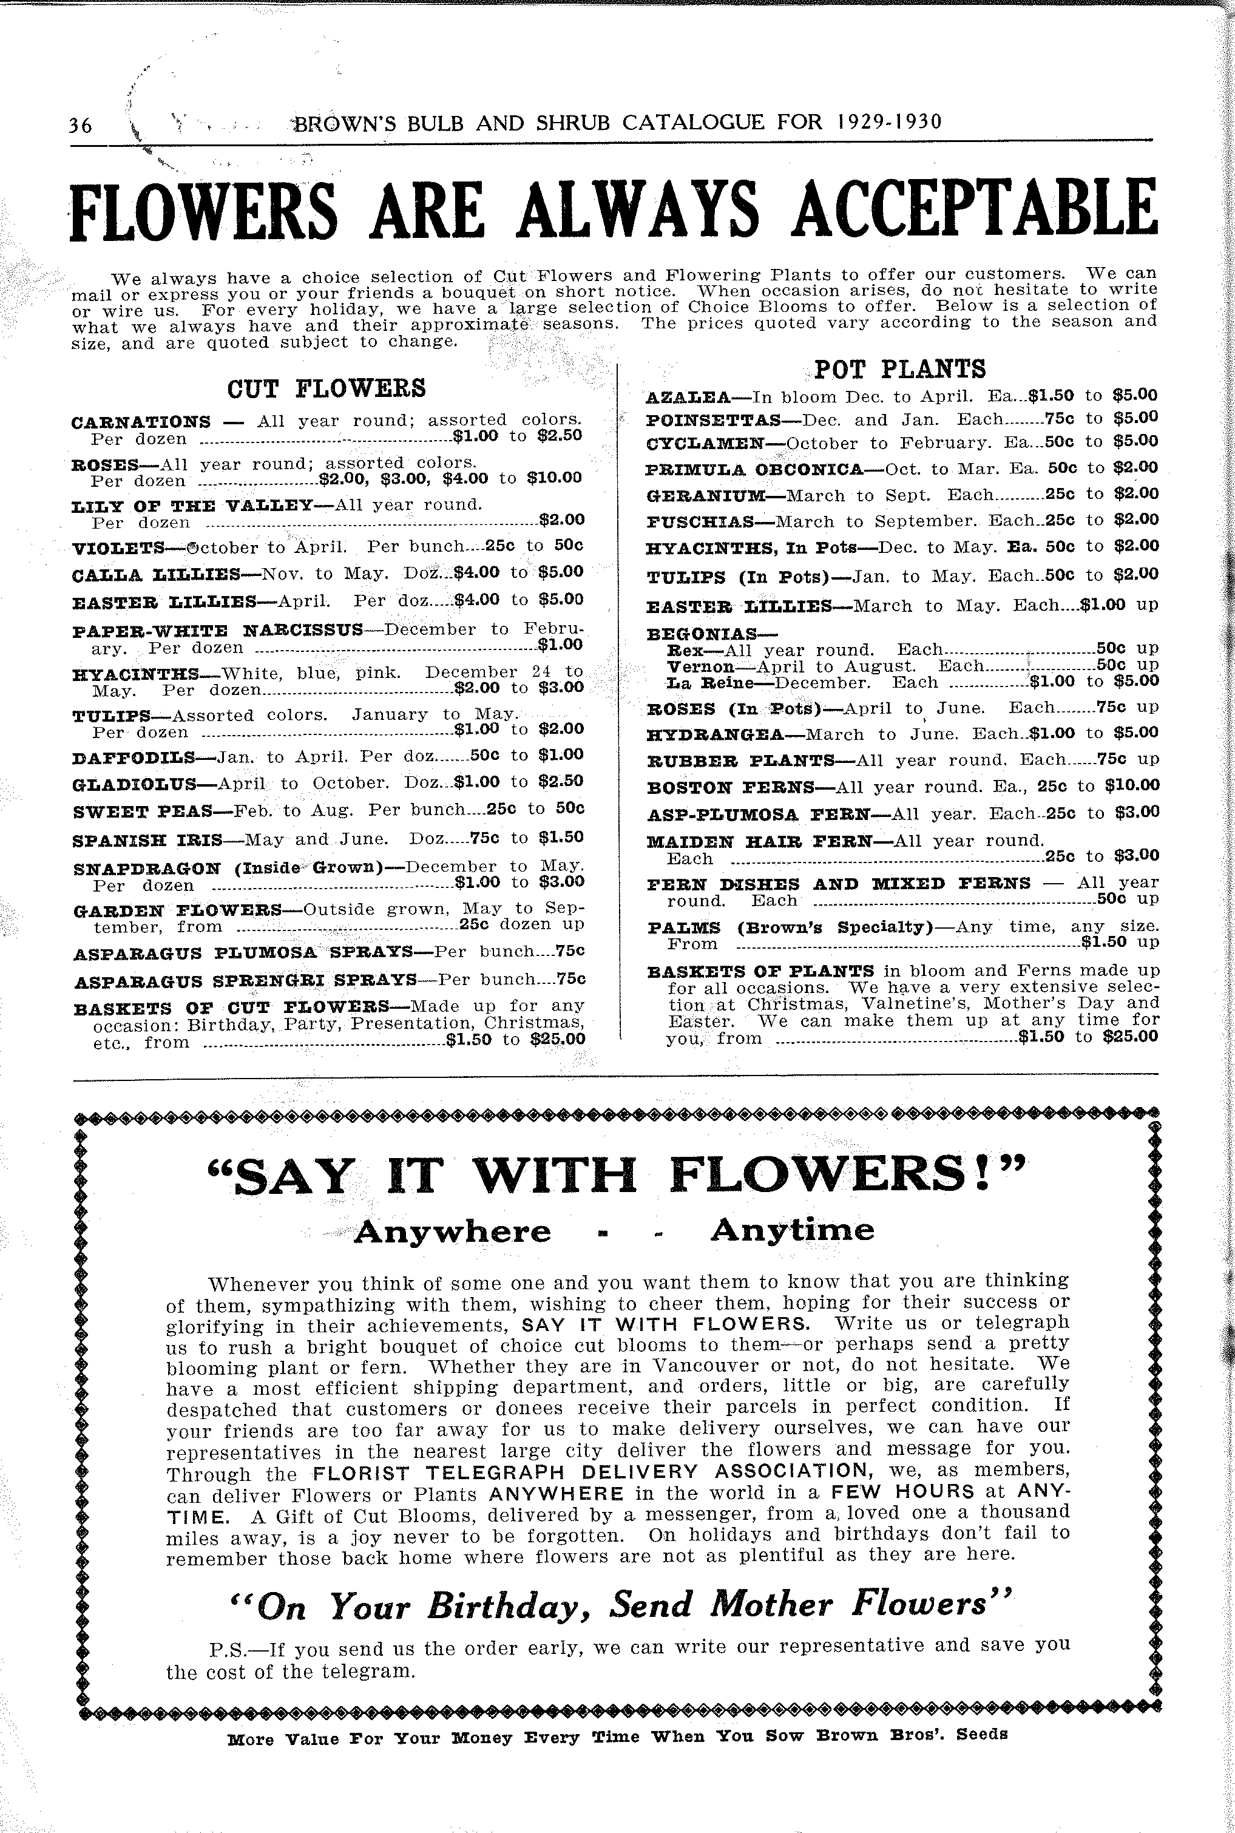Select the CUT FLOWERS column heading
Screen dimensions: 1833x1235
coord(326,388)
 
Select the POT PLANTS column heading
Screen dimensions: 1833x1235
coord(899,368)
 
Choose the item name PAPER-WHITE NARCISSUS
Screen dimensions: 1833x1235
coord(217,630)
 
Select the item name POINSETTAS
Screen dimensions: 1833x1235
coord(713,420)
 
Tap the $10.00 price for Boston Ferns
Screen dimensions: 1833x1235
coord(1131,785)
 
